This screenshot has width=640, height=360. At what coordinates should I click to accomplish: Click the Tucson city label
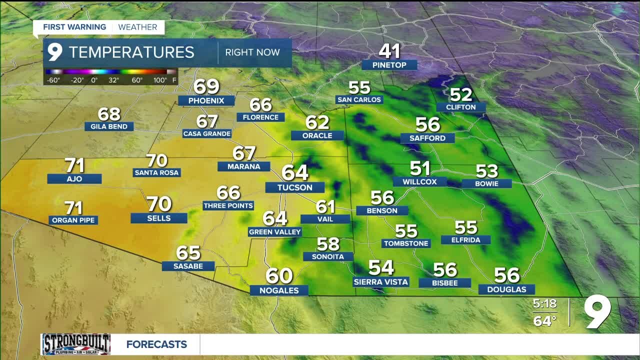[295, 187]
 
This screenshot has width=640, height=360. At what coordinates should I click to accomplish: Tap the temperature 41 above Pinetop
[389, 51]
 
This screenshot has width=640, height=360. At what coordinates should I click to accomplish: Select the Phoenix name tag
[206, 100]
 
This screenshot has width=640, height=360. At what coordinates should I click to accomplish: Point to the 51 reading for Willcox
[420, 168]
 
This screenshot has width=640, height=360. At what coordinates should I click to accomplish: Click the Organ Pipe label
[73, 220]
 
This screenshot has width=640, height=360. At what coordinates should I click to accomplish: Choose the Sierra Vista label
[381, 282]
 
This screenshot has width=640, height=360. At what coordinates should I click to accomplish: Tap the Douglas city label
[506, 289]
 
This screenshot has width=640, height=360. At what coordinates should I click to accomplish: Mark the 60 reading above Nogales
[279, 275]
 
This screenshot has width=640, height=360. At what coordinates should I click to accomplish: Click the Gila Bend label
[109, 126]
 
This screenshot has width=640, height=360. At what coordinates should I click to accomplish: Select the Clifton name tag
[461, 107]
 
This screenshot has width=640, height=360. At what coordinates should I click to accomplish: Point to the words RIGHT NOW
[252, 52]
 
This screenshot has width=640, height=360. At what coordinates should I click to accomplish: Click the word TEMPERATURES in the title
[131, 52]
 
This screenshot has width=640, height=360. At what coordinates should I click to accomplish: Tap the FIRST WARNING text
[74, 27]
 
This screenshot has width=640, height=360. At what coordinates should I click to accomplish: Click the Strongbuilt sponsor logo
[76, 344]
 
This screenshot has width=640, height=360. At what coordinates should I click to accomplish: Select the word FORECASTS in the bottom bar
[156, 344]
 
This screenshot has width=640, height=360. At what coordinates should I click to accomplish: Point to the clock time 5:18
[544, 303]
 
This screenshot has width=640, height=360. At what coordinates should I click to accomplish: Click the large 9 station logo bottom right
[598, 312]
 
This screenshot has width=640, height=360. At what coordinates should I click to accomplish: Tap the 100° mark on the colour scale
[160, 80]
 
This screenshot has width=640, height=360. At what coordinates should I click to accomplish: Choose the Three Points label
[228, 205]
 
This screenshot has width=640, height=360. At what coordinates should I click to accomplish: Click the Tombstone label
[406, 243]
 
